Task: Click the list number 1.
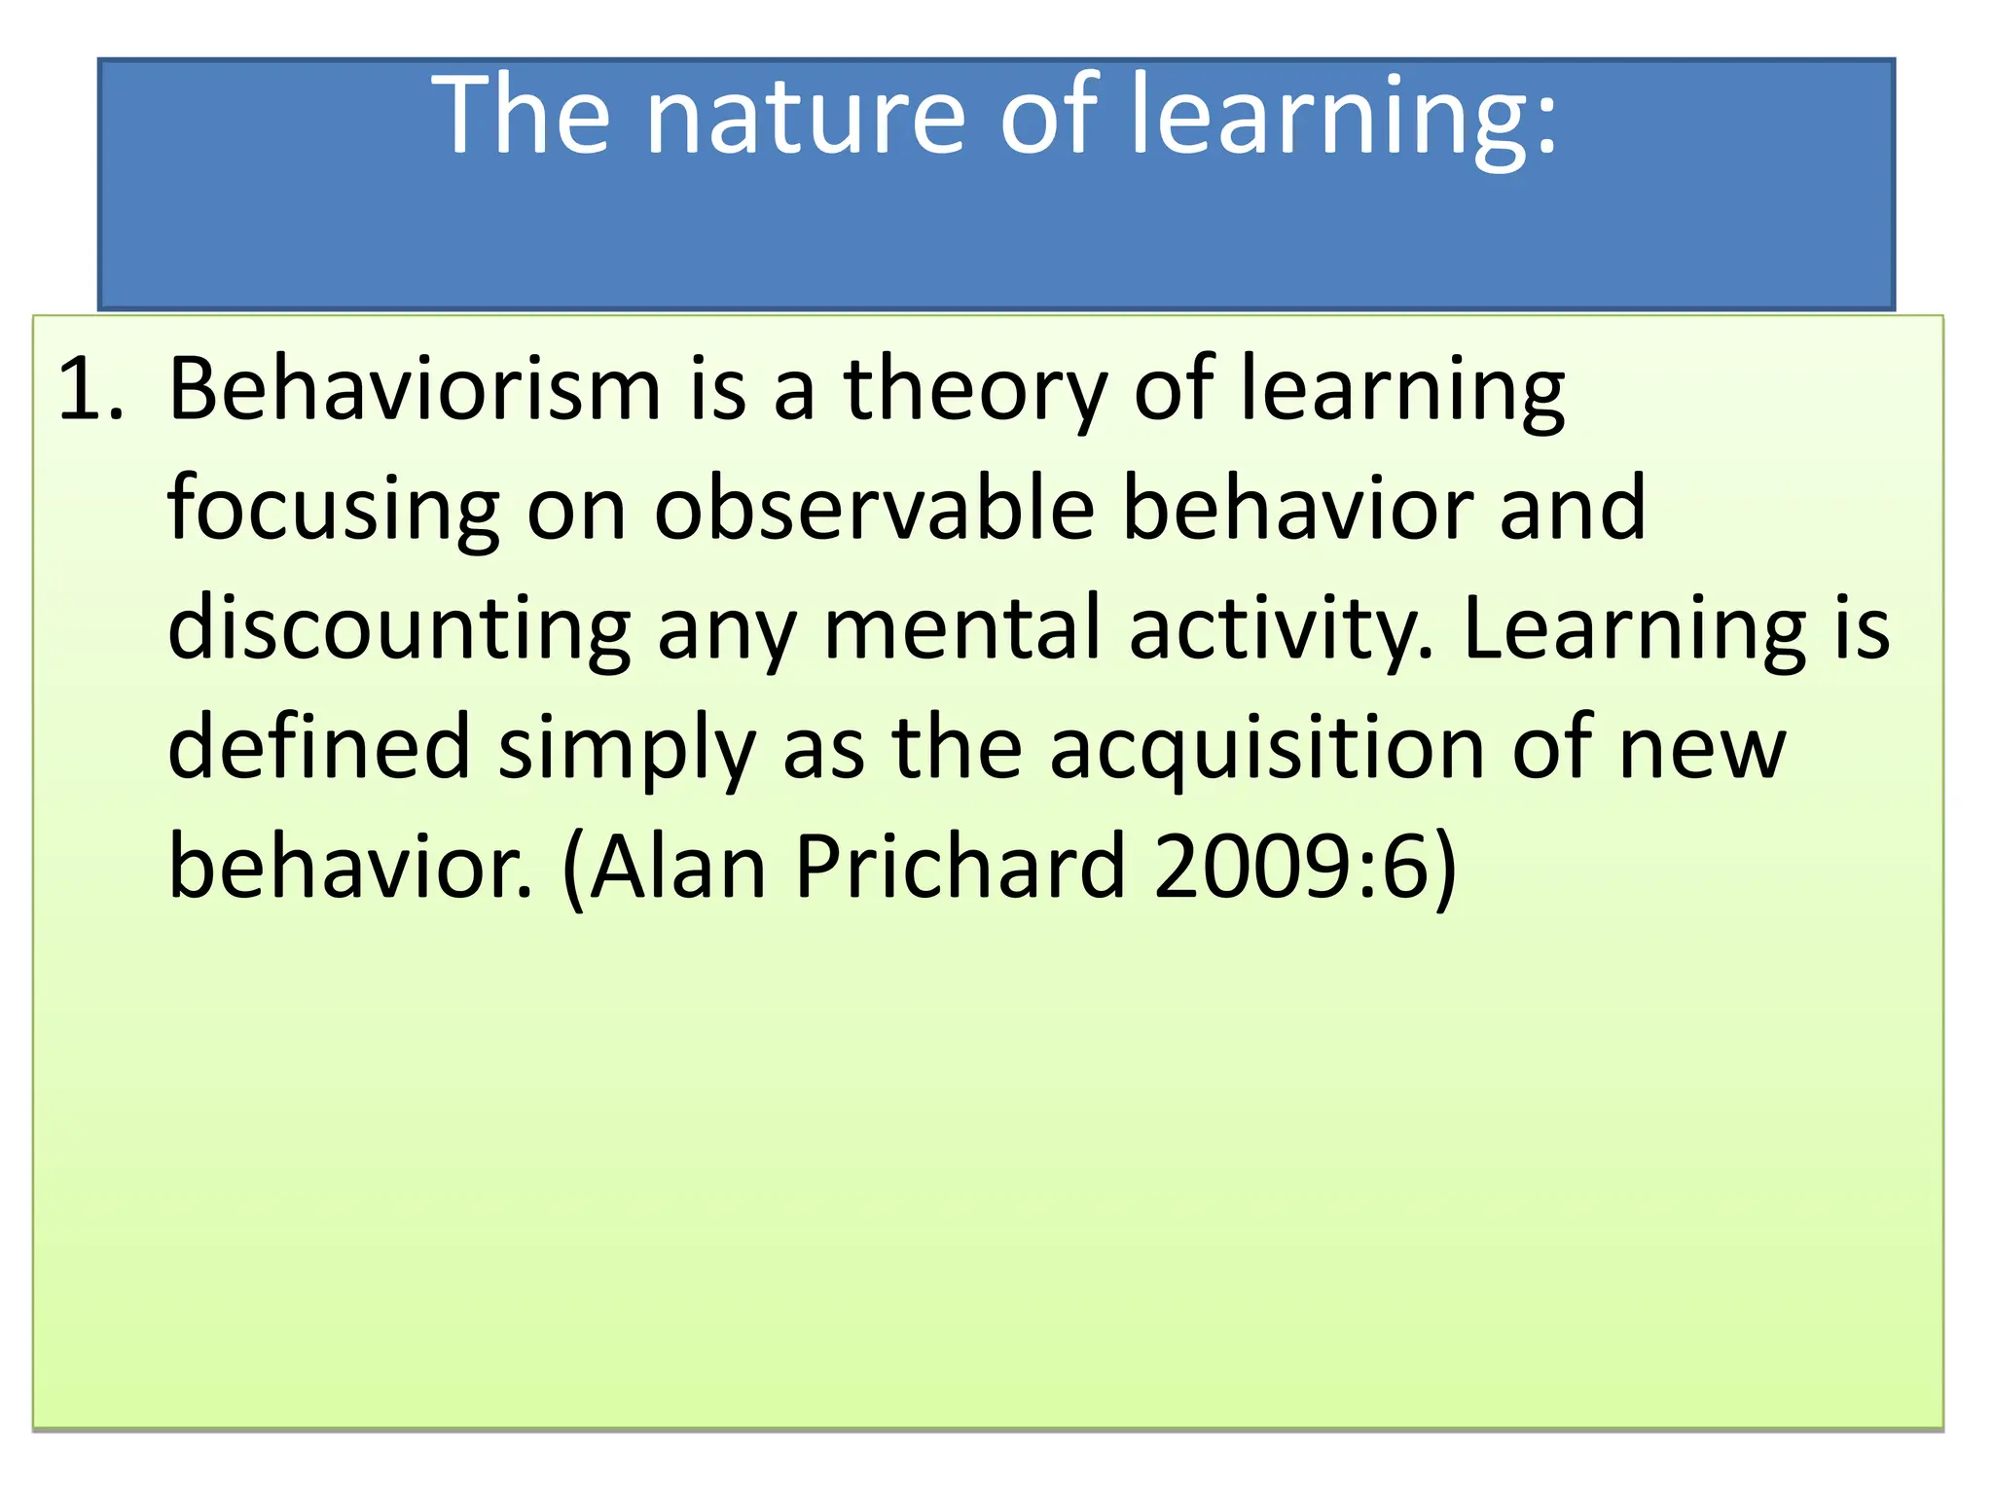[x=90, y=391]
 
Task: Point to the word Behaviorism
[x=415, y=391]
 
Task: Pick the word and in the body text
[x=1573, y=511]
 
